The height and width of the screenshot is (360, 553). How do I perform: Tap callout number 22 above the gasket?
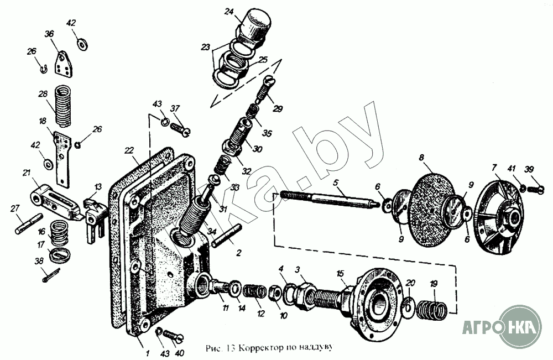(x=128, y=150)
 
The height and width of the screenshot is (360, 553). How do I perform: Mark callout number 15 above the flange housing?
(x=340, y=273)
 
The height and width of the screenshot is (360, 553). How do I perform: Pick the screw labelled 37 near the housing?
(x=182, y=128)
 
